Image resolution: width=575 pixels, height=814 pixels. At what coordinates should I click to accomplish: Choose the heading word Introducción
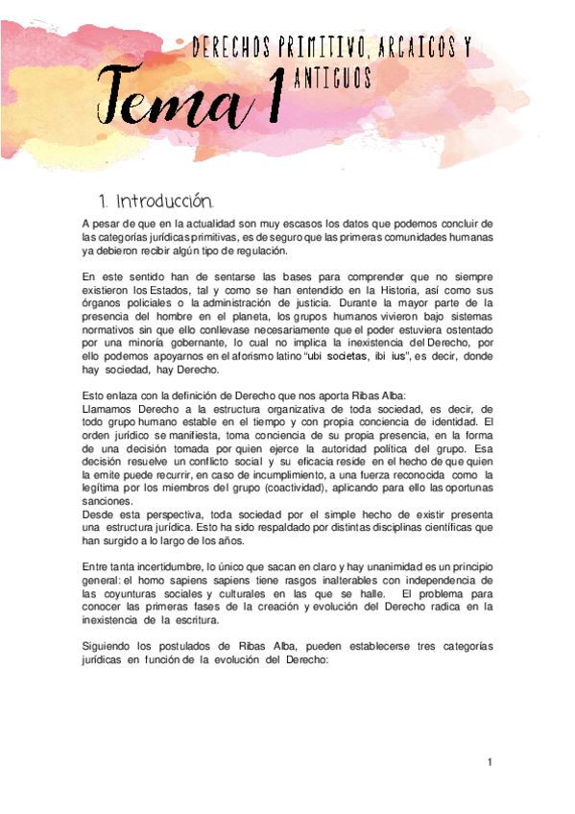pyautogui.click(x=164, y=202)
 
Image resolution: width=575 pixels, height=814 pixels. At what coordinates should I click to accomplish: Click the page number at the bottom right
pyautogui.click(x=489, y=762)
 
